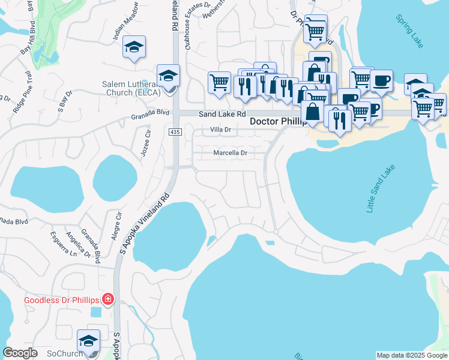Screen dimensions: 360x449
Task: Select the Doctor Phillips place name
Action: (277, 121)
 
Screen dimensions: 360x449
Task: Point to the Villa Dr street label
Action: (221, 130)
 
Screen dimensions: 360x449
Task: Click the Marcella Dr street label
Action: (231, 153)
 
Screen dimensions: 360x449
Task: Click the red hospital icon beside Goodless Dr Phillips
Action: (107, 299)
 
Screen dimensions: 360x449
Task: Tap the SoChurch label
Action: (61, 353)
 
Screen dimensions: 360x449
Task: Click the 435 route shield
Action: (175, 132)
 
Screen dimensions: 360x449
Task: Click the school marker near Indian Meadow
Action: (134, 47)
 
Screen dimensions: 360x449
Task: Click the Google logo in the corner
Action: (20, 353)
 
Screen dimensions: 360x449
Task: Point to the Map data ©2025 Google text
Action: (411, 355)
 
